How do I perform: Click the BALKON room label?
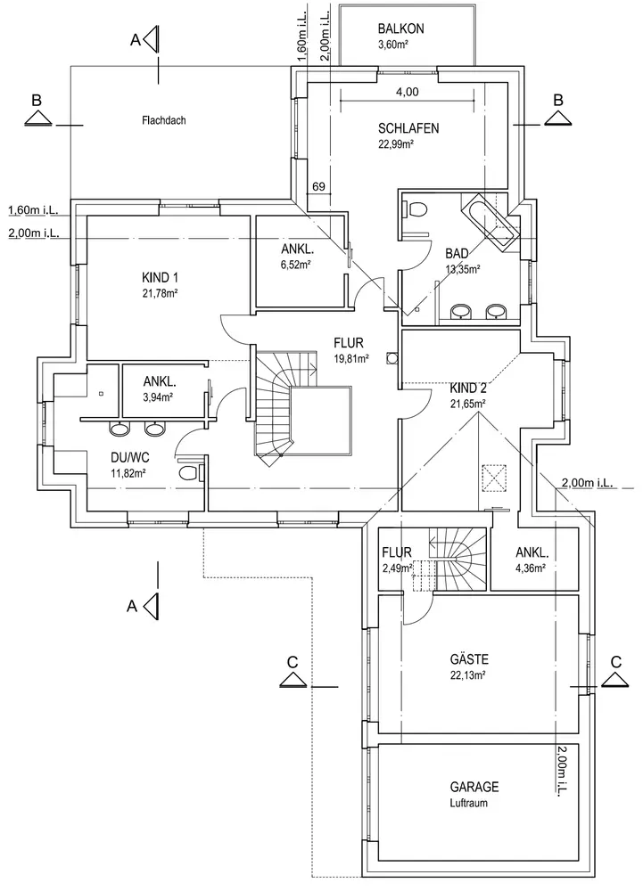pyautogui.click(x=400, y=29)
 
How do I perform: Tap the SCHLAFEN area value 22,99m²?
pyautogui.click(x=408, y=144)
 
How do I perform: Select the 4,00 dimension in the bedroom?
pyautogui.click(x=407, y=92)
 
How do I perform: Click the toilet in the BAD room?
pyautogui.click(x=416, y=208)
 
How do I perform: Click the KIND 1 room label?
pyautogui.click(x=161, y=277)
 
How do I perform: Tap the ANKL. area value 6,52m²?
pyautogui.click(x=295, y=265)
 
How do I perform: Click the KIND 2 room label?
pyautogui.click(x=468, y=388)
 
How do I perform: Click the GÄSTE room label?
pyautogui.click(x=468, y=659)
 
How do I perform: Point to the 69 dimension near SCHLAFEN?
pyautogui.click(x=317, y=186)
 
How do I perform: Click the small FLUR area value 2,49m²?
pyautogui.click(x=397, y=568)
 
